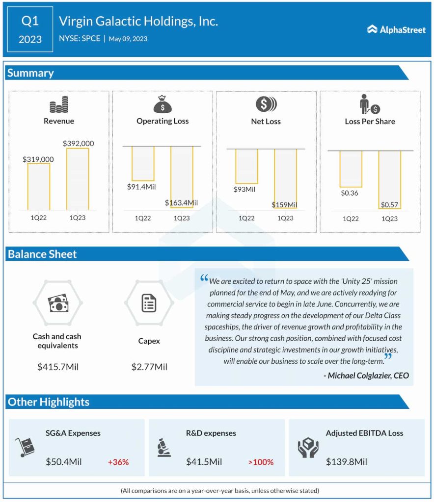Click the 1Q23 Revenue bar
tap(78, 178)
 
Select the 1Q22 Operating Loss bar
tap(143, 164)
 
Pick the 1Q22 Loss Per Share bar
tap(351, 169)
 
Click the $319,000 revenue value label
tap(38, 159)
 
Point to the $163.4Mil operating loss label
tap(181, 202)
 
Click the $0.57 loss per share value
tap(390, 204)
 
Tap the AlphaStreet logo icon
tap(372, 29)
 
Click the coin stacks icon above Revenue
tap(59, 105)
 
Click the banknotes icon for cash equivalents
tap(57, 304)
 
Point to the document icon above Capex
tap(149, 303)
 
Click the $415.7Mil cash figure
tap(57, 367)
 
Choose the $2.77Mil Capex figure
tap(149, 367)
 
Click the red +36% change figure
tap(118, 462)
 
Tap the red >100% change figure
tap(261, 462)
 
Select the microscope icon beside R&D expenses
tap(164, 448)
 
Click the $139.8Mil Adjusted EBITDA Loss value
tap(347, 462)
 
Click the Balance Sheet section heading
tap(42, 254)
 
